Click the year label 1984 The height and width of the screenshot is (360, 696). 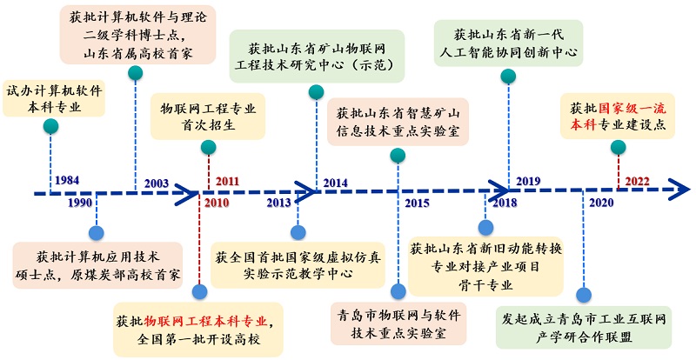(x=66, y=181)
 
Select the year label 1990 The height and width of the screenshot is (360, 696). (x=79, y=203)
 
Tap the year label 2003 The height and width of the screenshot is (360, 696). (x=157, y=183)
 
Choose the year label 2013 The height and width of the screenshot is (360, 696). (x=278, y=203)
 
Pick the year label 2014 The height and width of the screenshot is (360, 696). (x=335, y=182)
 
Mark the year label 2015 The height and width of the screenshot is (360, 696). (x=417, y=203)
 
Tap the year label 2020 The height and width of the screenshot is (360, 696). (x=601, y=203)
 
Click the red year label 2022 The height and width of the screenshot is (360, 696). (x=637, y=181)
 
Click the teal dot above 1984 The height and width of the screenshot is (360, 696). (x=51, y=127)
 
